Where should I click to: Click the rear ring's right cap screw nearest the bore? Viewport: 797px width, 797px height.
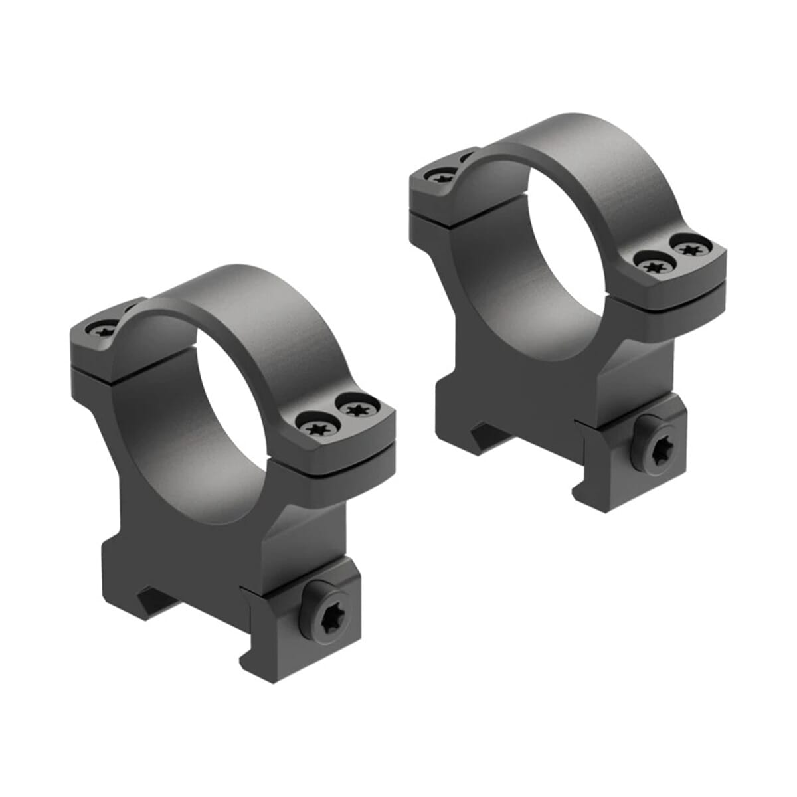652,263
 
